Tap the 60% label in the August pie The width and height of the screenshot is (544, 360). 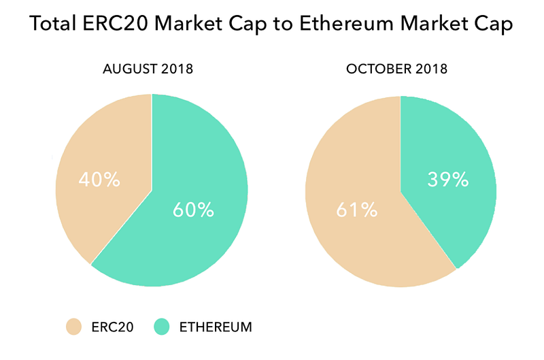pyautogui.click(x=193, y=210)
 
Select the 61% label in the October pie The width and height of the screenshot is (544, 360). pyautogui.click(x=357, y=210)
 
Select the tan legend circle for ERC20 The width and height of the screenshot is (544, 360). pyautogui.click(x=73, y=327)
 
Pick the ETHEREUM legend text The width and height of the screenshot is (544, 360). pyautogui.click(x=216, y=327)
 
